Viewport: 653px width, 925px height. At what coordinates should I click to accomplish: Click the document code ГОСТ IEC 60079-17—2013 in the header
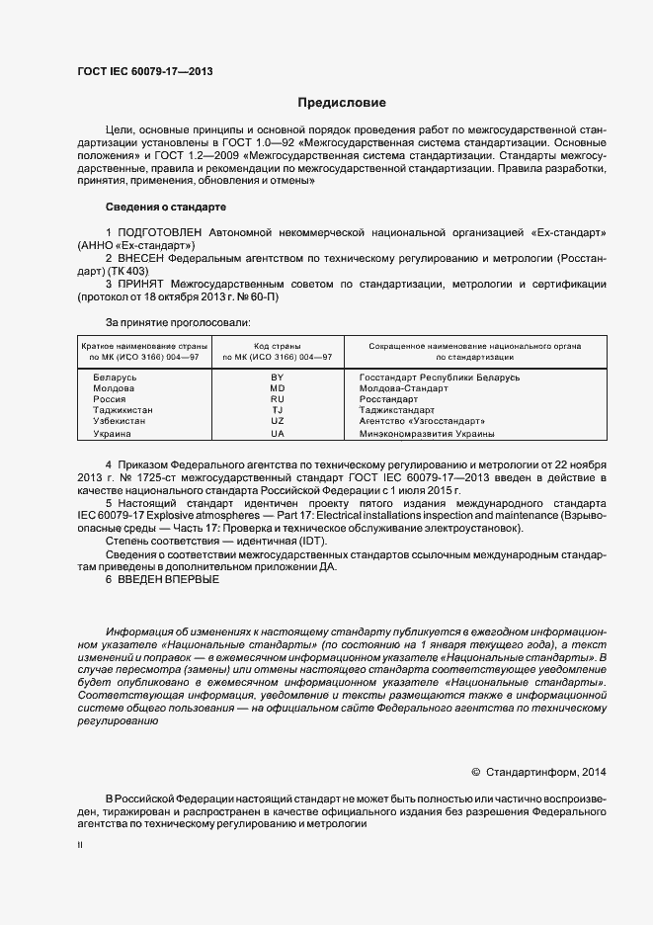point(144,72)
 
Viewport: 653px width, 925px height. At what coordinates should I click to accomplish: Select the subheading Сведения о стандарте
point(165,208)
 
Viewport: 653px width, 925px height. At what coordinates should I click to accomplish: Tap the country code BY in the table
point(277,378)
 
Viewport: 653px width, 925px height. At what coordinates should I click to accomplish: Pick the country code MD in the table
point(277,388)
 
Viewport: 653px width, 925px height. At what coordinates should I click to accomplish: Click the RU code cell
point(277,399)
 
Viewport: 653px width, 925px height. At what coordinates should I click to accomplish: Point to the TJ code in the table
point(277,410)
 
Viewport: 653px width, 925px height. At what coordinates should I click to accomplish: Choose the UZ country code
point(277,421)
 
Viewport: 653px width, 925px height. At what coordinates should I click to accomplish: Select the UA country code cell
point(277,433)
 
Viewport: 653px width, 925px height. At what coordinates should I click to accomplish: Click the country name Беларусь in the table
point(114,378)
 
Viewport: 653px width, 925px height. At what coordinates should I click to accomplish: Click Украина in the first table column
point(112,433)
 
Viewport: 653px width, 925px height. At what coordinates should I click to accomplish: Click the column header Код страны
point(277,347)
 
